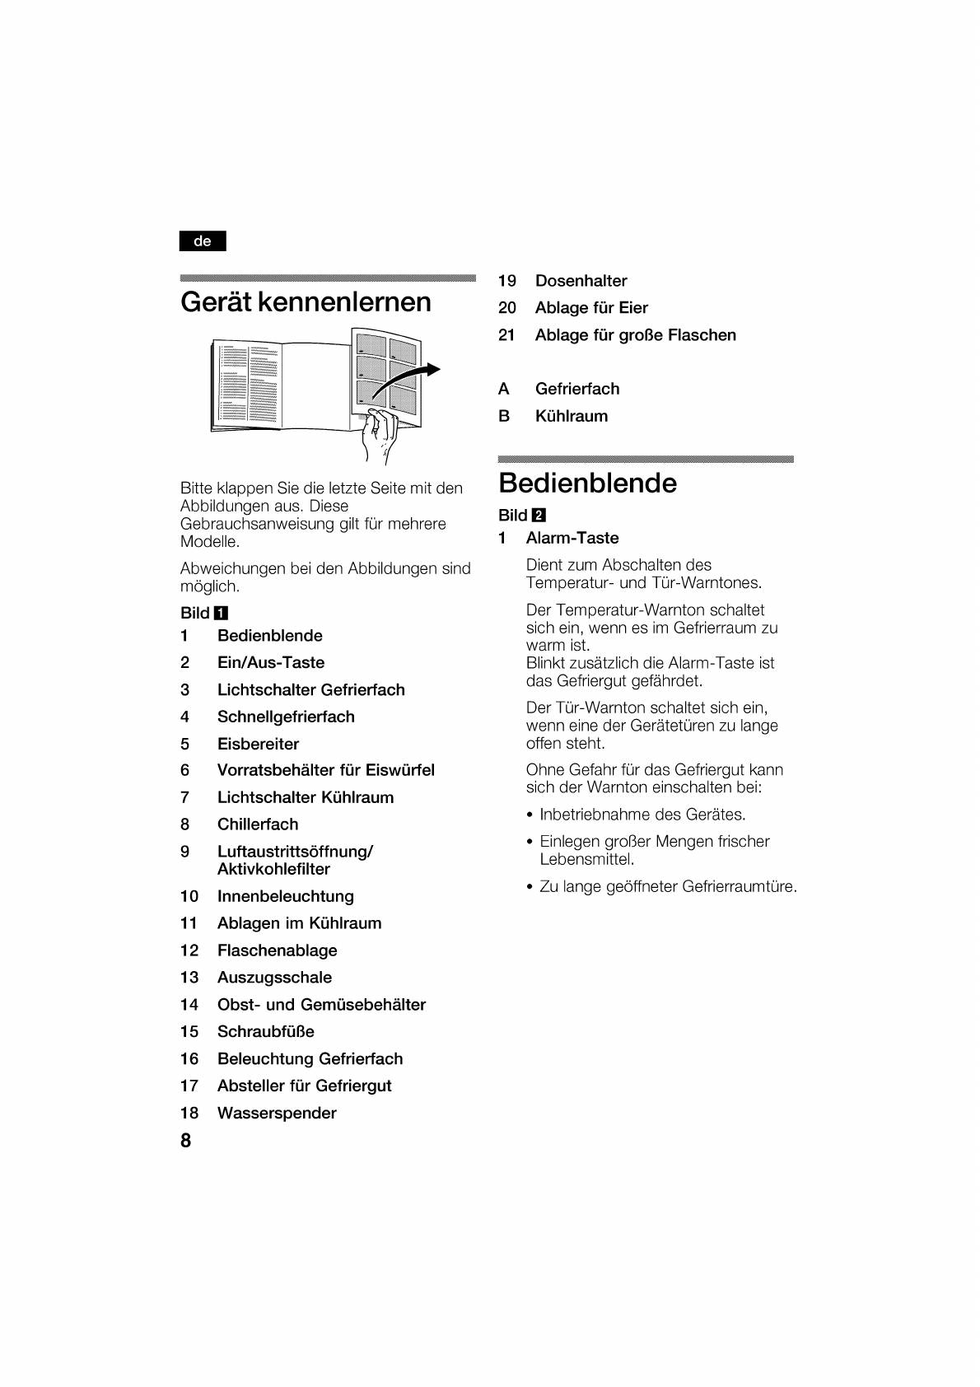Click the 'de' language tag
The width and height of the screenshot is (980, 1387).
tap(202, 241)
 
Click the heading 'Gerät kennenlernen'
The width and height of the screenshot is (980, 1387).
tap(306, 302)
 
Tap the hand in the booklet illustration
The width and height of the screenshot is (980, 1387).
tap(380, 435)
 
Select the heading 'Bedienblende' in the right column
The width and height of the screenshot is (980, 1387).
tap(587, 483)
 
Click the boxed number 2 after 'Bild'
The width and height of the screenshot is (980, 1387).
tap(539, 516)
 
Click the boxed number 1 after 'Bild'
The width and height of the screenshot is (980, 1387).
tap(221, 613)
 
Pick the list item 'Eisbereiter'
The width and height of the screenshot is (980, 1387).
tap(258, 744)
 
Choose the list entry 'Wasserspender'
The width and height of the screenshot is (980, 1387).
tap(277, 1113)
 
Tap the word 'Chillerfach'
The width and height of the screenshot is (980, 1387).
tap(258, 824)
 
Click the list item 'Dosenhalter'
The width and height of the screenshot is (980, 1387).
tap(581, 281)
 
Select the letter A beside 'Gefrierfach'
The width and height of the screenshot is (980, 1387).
tap(504, 389)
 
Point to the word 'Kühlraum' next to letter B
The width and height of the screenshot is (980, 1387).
tap(572, 416)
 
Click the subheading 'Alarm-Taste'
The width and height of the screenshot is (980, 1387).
tap(572, 538)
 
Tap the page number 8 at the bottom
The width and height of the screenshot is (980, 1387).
tap(186, 1140)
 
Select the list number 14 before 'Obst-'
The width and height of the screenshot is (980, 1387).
tap(189, 1005)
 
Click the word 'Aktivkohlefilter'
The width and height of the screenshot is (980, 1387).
tap(273, 869)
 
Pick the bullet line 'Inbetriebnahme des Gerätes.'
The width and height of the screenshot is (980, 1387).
tap(642, 815)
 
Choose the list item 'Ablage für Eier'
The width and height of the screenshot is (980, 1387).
tap(591, 308)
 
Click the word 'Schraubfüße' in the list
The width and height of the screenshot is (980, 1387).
tap(265, 1031)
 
